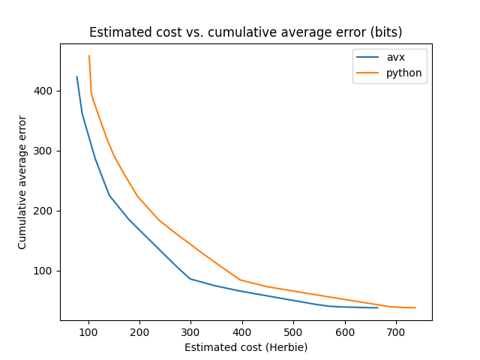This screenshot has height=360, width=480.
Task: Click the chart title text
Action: coord(245,32)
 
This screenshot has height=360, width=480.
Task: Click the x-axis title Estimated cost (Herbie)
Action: coord(246,347)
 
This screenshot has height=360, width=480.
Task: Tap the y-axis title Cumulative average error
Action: coord(22,182)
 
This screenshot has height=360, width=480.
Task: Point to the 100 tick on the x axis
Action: coord(88,331)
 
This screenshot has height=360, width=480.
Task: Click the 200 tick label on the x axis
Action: coord(139,331)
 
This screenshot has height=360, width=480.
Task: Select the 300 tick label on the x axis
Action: coord(190,331)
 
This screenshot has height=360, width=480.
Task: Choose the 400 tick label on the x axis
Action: coord(242,331)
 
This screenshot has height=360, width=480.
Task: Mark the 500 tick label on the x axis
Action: coord(293,331)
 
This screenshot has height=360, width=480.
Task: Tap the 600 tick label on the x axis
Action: coord(344,331)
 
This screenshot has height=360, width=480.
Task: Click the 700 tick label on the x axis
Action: coord(396,331)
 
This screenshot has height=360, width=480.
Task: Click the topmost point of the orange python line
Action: coord(89,55)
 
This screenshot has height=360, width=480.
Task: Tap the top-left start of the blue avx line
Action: coord(76,76)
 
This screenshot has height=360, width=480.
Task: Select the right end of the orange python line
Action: coord(415,307)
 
